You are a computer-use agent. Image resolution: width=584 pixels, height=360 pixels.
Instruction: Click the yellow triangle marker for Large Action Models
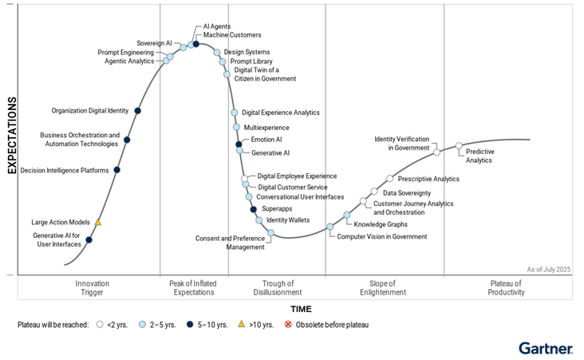point(98,223)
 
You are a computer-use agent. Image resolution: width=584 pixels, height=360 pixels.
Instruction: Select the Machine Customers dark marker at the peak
point(196,44)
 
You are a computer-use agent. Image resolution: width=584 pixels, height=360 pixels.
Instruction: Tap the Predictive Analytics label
point(479,156)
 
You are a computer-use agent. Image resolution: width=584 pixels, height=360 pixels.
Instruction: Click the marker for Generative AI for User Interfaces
point(89,239)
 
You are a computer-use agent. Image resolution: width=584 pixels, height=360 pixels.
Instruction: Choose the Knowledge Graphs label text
point(381,224)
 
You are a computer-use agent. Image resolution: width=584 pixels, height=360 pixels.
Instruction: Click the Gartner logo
point(545,348)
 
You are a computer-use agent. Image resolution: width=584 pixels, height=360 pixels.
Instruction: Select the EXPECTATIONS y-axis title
point(12,135)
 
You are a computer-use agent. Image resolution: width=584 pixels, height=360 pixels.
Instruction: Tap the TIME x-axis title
point(301,309)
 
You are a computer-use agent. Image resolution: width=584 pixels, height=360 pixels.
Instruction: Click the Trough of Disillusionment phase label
point(277,288)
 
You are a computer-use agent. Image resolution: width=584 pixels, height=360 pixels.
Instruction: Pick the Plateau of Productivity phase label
point(506,288)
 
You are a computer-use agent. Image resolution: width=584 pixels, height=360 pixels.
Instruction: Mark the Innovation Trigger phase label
point(93,288)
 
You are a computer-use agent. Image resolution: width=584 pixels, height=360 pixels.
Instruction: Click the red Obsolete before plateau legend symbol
point(289,325)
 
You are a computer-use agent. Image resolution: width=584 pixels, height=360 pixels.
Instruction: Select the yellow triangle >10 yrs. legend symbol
point(241,325)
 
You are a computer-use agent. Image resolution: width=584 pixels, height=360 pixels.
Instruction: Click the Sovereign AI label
point(154,43)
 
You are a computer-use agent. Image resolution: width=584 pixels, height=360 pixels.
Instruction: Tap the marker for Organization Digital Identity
point(138,111)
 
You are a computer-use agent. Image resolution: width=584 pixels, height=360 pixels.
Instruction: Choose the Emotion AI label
point(266,140)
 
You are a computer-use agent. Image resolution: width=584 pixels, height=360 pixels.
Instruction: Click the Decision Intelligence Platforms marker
point(117,170)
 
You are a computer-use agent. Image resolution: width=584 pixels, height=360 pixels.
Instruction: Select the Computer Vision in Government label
point(381,236)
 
